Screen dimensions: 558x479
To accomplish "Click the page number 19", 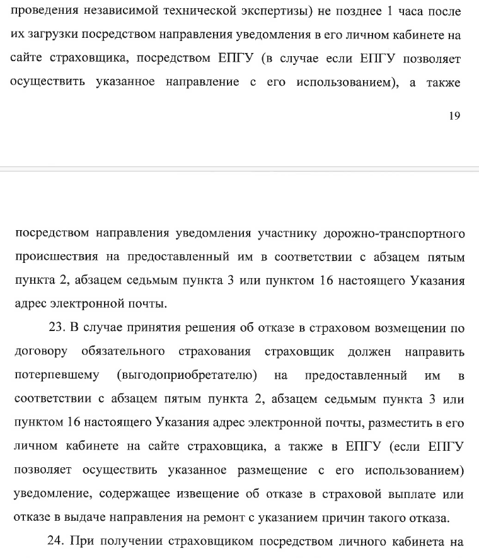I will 455,115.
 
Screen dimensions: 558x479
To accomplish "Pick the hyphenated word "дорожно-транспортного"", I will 394,234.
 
